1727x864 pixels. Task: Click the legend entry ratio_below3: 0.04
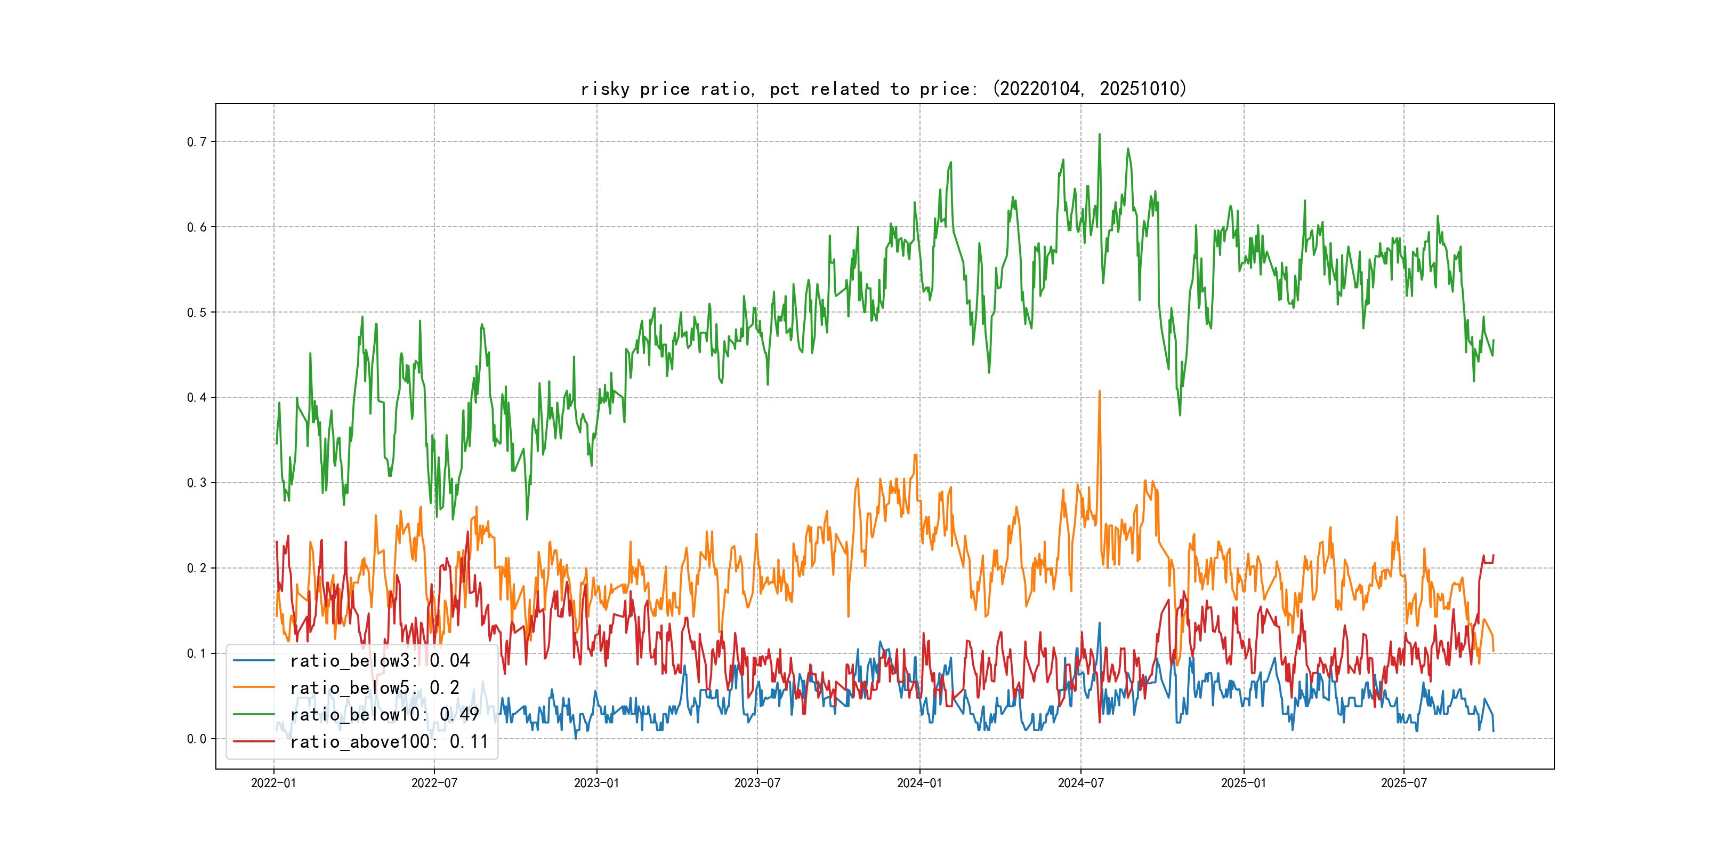click(x=380, y=661)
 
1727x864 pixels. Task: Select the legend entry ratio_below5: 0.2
click(x=374, y=687)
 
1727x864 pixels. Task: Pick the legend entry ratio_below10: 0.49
click(x=384, y=715)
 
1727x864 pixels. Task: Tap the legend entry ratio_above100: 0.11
click(x=389, y=741)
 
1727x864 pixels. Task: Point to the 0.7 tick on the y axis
click(x=197, y=141)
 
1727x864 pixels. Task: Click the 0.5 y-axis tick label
click(x=197, y=312)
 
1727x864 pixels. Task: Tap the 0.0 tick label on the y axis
click(x=197, y=739)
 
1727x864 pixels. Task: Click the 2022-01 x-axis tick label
click(x=273, y=783)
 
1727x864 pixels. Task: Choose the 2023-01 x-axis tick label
click(x=596, y=783)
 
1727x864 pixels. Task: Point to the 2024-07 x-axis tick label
click(x=1081, y=783)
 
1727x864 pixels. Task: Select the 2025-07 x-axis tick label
click(x=1404, y=783)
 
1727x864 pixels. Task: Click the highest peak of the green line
click(x=1100, y=134)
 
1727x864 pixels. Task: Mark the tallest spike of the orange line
click(x=1100, y=391)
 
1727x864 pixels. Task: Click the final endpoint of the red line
click(x=1494, y=555)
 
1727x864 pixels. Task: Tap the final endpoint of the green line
click(x=1494, y=340)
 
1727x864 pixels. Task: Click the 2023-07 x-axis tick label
click(x=757, y=783)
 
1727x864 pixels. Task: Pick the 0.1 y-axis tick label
click(x=197, y=653)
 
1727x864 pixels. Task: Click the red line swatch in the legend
click(x=253, y=741)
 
